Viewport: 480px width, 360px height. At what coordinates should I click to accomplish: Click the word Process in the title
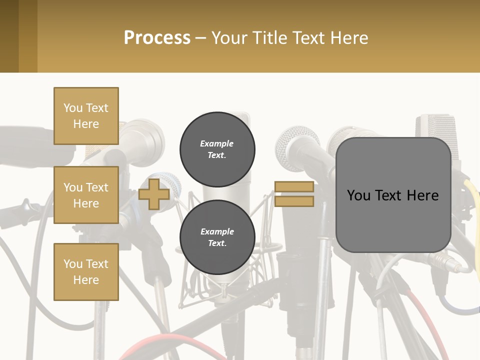tap(157, 38)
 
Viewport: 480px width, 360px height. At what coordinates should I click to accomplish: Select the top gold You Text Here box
tap(86, 116)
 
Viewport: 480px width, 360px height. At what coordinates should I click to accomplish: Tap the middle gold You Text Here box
tap(86, 195)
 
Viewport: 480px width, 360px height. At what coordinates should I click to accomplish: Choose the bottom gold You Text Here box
tap(86, 271)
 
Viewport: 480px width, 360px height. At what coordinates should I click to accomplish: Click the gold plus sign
tap(154, 194)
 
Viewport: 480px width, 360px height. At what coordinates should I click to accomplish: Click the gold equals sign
tap(294, 194)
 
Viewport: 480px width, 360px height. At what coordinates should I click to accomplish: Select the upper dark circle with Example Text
tap(217, 149)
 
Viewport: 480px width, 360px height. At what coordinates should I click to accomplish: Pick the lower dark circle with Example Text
tap(217, 237)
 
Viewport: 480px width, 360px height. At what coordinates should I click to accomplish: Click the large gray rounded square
tap(393, 195)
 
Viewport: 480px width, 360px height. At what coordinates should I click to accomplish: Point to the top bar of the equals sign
tap(294, 187)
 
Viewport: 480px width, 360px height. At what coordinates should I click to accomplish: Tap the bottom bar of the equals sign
tap(294, 201)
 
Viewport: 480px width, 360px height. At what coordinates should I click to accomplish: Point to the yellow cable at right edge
tap(472, 200)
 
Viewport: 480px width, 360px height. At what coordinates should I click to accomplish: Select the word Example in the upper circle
tap(217, 143)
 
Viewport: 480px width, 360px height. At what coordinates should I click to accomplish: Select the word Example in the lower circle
tap(217, 231)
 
